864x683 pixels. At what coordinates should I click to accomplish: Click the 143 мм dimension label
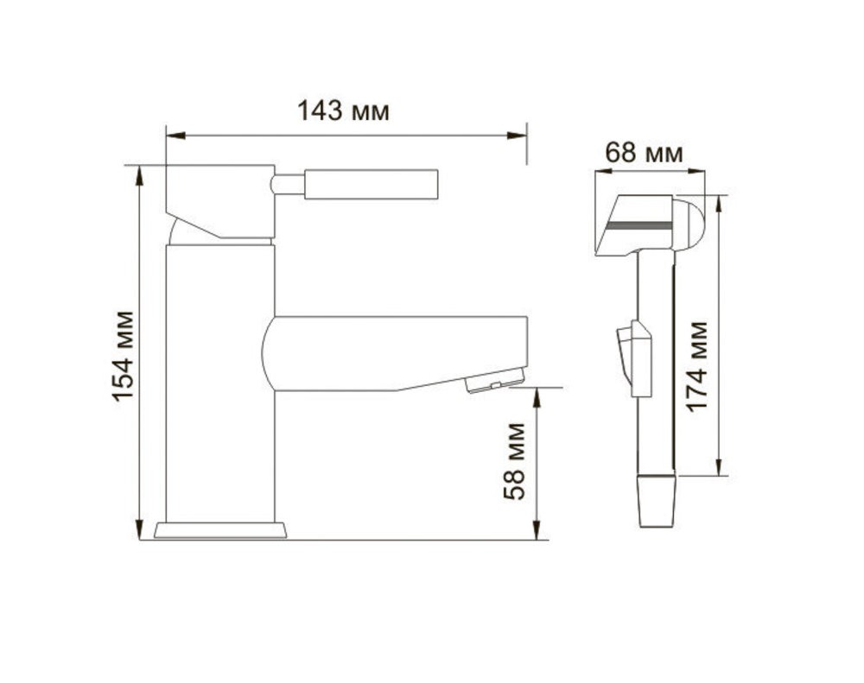pos(343,111)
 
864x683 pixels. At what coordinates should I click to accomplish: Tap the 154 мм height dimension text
pos(124,356)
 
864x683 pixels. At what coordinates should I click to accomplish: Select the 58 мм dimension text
pos(514,461)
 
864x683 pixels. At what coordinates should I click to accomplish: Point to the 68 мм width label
pos(644,152)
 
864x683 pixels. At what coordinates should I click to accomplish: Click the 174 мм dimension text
pos(696,366)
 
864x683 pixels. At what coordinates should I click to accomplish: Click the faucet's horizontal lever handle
pos(372,184)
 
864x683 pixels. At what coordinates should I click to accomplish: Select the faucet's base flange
pos(220,530)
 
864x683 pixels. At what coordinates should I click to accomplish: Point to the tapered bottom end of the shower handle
pos(657,501)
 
